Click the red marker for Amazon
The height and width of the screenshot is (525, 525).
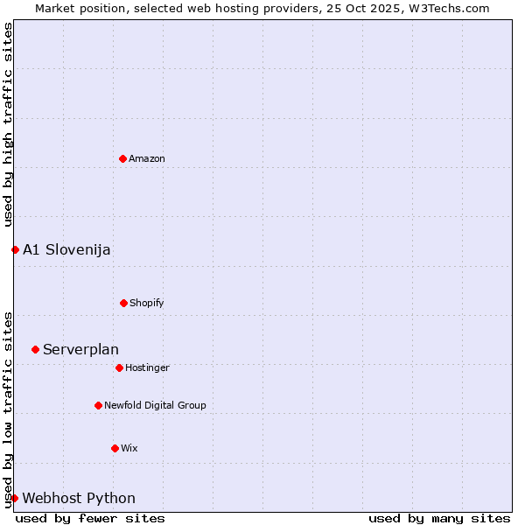pos(123,158)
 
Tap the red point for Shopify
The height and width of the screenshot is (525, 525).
pos(123,303)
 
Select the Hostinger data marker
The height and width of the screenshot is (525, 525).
pos(119,367)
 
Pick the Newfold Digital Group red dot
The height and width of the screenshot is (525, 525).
pos(98,405)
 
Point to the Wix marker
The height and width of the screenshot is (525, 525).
pos(115,448)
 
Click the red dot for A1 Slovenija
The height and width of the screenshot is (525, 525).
pos(15,249)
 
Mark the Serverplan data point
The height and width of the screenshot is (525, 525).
pos(35,349)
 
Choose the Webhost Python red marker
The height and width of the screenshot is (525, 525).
pos(14,498)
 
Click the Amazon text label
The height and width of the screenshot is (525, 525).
pos(147,158)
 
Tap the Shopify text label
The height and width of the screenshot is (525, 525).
pos(147,303)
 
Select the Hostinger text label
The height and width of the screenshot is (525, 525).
pos(147,367)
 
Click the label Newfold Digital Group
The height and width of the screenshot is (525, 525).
pos(155,405)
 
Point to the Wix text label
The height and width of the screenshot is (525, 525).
pos(129,448)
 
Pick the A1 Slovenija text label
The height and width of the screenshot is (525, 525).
pos(66,249)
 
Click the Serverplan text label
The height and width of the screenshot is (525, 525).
pos(80,349)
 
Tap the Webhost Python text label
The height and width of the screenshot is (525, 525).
pos(79,498)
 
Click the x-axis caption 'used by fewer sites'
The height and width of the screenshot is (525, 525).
pos(90,518)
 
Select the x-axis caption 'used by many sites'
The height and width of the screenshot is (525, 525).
pos(439,518)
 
